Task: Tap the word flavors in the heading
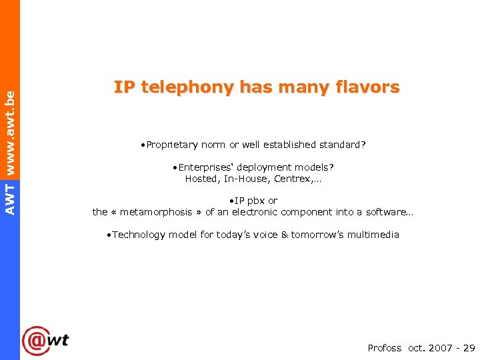coord(368,87)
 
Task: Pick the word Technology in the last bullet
coord(139,235)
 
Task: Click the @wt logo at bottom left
coord(45,341)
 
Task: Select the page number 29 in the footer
coord(469,348)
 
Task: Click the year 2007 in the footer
coord(441,348)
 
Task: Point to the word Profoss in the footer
coord(385,348)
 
